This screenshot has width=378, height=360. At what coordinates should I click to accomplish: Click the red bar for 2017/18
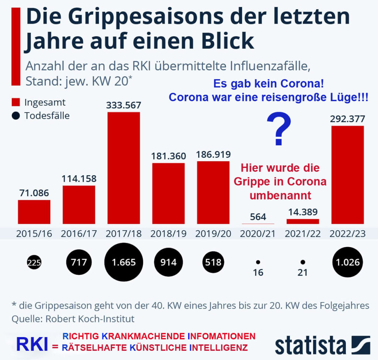(124, 168)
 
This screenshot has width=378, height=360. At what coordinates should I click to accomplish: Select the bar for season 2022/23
(347, 175)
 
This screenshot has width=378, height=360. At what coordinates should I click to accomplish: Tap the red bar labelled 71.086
(34, 212)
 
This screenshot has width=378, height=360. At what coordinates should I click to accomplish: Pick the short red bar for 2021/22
(303, 221)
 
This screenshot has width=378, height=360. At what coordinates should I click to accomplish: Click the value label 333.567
(124, 105)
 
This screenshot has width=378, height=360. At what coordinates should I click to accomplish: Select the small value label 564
(258, 217)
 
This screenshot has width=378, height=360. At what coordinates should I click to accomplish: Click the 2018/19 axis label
(168, 234)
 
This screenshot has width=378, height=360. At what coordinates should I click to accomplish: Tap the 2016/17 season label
(79, 234)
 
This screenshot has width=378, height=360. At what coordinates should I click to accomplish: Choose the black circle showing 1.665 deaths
(124, 263)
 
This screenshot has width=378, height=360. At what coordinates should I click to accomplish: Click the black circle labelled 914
(168, 263)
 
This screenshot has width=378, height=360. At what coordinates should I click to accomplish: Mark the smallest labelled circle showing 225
(34, 263)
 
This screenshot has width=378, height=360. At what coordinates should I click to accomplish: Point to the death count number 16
(258, 273)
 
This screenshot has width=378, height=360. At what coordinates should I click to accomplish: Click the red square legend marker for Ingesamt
(16, 103)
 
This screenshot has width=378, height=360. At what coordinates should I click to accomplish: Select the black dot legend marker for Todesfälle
(16, 116)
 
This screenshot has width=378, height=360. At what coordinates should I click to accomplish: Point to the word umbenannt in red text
(281, 195)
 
